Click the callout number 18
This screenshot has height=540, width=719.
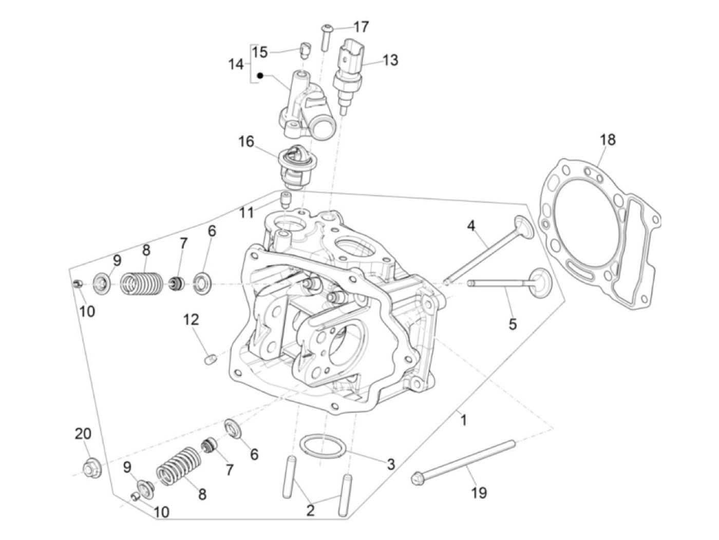[607, 140]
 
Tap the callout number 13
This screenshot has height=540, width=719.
[390, 60]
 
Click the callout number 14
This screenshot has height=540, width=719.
[236, 65]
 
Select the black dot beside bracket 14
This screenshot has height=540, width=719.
[260, 76]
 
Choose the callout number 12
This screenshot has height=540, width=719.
[191, 320]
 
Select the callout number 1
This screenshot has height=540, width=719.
[463, 420]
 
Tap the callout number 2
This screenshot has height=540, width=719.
[310, 510]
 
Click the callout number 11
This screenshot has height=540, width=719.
[247, 212]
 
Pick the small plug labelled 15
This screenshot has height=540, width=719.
[305, 50]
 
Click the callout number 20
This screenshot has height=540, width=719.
[83, 434]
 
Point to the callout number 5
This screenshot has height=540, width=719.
[512, 324]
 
